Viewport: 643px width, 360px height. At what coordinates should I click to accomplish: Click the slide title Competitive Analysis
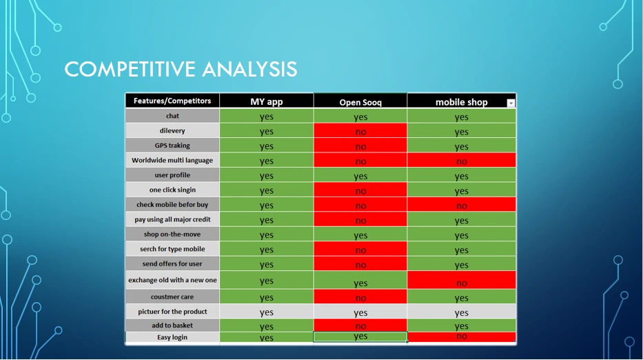pos(181,69)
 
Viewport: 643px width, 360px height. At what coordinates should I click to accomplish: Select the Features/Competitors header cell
pos(172,101)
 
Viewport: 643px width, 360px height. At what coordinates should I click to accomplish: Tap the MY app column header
pos(266,101)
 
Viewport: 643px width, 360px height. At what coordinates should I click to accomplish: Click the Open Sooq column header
pos(360,102)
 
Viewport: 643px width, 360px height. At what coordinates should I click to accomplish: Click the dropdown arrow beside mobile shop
pos(511,103)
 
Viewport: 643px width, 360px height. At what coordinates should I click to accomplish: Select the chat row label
pos(172,116)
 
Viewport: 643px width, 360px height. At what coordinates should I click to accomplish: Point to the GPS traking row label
pos(172,146)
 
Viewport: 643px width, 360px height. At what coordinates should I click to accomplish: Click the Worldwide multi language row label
pos(172,160)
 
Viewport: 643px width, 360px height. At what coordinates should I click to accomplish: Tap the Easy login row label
pos(172,337)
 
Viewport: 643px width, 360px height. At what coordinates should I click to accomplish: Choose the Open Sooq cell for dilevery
pos(360,131)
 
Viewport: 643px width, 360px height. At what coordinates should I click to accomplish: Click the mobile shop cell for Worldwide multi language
pos(462,161)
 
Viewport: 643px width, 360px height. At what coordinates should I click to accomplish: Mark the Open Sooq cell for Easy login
pos(360,337)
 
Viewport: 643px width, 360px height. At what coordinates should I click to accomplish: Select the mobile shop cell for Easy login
pos(462,337)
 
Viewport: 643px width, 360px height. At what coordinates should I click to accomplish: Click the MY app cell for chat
pos(266,117)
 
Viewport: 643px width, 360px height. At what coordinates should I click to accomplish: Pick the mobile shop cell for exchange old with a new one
pos(462,281)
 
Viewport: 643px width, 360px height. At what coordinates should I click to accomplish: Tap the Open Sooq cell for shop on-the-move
pos(360,235)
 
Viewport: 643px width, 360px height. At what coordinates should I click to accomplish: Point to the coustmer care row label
pos(172,297)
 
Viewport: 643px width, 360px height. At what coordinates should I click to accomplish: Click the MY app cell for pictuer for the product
pos(266,312)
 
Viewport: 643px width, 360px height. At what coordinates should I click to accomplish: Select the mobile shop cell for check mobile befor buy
pos(462,205)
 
